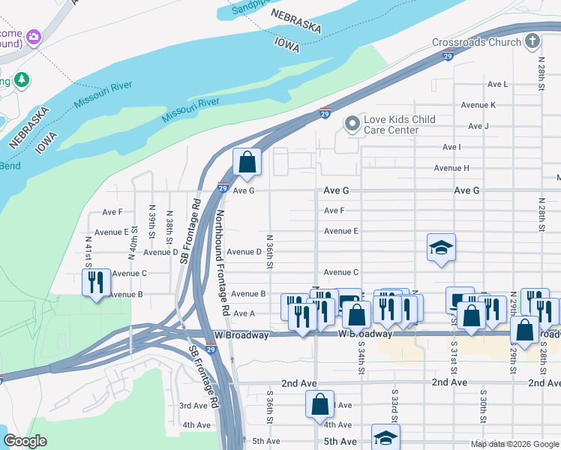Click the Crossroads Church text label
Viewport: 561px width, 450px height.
click(x=476, y=42)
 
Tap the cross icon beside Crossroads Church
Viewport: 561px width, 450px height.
click(x=532, y=40)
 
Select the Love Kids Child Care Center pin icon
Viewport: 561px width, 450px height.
click(x=352, y=124)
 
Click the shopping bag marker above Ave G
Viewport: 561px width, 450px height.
click(x=247, y=163)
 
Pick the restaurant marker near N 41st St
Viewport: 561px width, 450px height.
click(x=95, y=283)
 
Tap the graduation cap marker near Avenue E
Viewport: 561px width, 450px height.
click(x=441, y=247)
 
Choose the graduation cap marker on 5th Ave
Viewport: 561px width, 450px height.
click(x=385, y=438)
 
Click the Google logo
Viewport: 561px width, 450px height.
click(x=25, y=442)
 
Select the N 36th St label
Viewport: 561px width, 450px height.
click(x=268, y=250)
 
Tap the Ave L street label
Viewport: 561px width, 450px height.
click(x=497, y=85)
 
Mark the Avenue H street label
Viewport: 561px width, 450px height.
click(x=451, y=168)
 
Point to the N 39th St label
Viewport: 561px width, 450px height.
click(x=151, y=222)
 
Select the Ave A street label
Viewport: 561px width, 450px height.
click(x=244, y=313)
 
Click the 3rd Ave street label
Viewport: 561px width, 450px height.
click(x=193, y=406)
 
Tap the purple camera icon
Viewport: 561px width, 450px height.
click(x=33, y=36)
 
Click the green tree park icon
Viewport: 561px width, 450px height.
click(x=22, y=79)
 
